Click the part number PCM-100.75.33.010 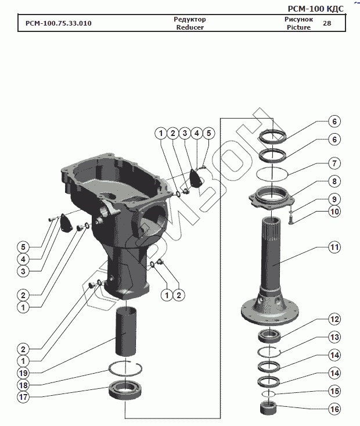pyautogui.click(x=59, y=23)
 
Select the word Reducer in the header pyautogui.click(x=190, y=27)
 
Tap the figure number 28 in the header pyautogui.click(x=327, y=23)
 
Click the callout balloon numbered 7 pyautogui.click(x=334, y=163)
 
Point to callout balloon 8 pyautogui.click(x=334, y=181)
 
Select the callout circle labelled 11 pyautogui.click(x=334, y=247)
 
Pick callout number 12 pyautogui.click(x=334, y=319)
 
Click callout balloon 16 pyautogui.click(x=334, y=409)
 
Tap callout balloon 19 pyautogui.click(x=23, y=373)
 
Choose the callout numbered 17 pyautogui.click(x=23, y=397)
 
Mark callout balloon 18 pyautogui.click(x=23, y=385)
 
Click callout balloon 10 pyautogui.click(x=334, y=212)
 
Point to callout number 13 pyautogui.click(x=334, y=337)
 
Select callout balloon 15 pyautogui.click(x=334, y=391)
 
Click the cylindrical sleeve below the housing pyautogui.click(x=125, y=331)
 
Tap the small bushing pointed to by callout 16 pyautogui.click(x=268, y=408)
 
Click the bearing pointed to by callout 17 pyautogui.click(x=125, y=390)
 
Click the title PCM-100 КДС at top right pyautogui.click(x=315, y=9)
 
